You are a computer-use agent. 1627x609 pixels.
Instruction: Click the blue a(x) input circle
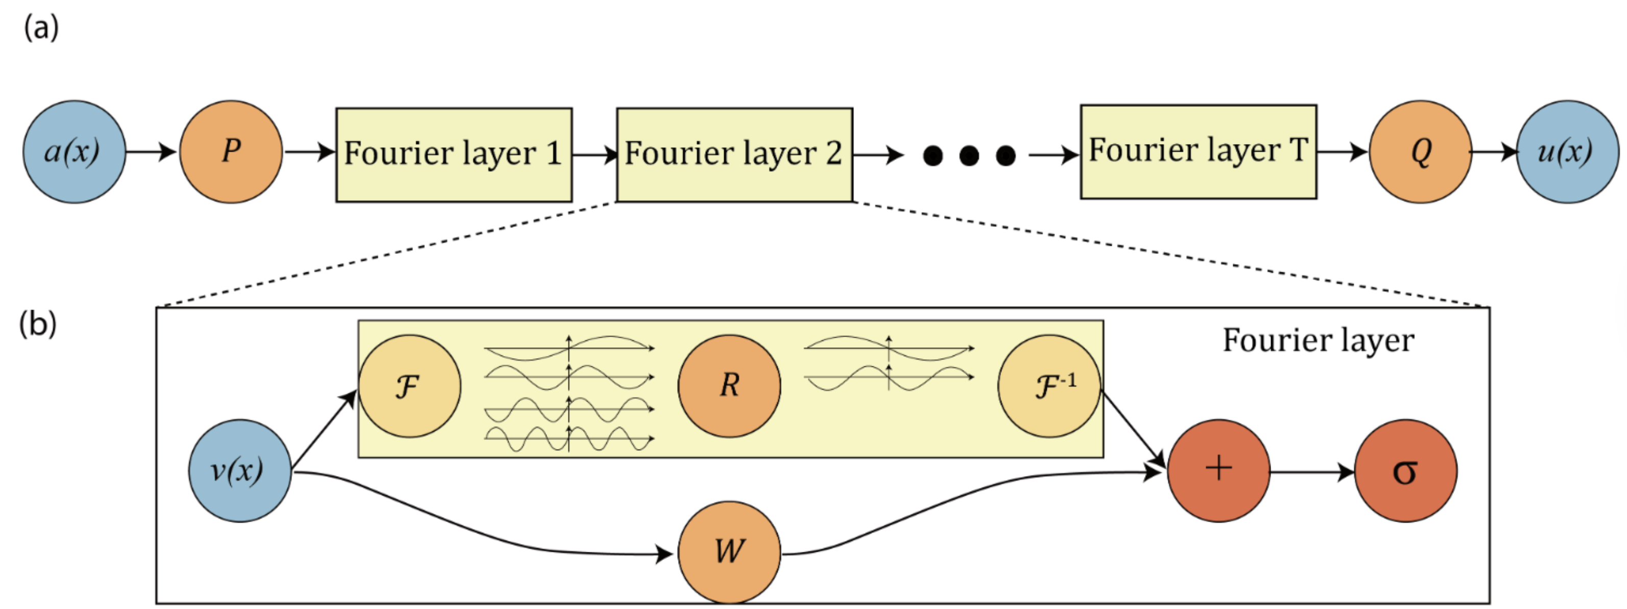(74, 152)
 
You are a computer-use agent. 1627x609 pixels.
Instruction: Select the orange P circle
(231, 152)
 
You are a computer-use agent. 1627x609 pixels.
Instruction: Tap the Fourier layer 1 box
(453, 155)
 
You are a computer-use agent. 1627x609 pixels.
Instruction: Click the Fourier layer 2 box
(734, 155)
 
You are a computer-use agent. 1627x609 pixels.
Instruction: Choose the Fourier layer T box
(1198, 152)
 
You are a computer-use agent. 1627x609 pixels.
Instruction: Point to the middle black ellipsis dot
(969, 155)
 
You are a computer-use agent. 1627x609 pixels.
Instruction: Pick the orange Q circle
(1420, 152)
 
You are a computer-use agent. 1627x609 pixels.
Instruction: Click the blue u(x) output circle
(1568, 152)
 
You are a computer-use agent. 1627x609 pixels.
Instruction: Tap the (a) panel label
(41, 29)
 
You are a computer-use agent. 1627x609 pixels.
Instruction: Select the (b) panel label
(38, 324)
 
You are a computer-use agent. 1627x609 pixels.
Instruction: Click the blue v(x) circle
(240, 471)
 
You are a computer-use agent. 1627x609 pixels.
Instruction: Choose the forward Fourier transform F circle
(409, 386)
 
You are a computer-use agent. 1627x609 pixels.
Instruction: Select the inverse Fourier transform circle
(1049, 386)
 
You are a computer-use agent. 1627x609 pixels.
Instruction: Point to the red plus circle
(1218, 471)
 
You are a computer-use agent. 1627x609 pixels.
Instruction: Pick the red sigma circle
(1406, 471)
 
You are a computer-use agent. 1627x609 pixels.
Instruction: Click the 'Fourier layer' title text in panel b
(1318, 340)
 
